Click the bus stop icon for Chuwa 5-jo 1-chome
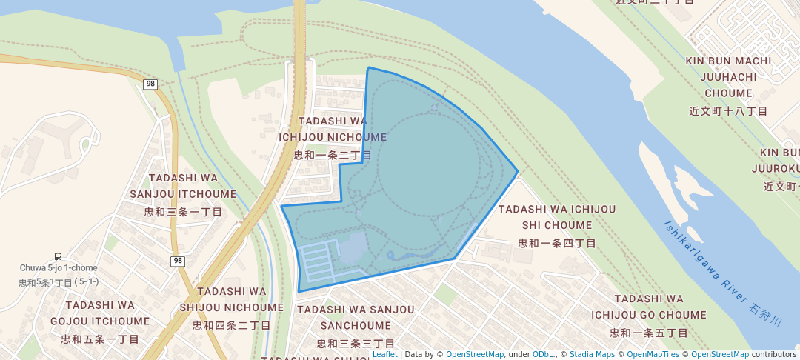pos(58,256)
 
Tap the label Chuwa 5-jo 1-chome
pos(59,268)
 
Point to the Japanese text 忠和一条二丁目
pos(333,155)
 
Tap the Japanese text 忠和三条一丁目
pos(183,212)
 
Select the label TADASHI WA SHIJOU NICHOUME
pos(230,299)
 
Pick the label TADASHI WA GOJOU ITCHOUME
pos(100,313)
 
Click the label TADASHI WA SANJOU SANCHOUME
pos(356,318)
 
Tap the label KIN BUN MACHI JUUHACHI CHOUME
pos(729,77)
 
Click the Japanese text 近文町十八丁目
pos(729,111)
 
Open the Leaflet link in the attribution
pos(384,354)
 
